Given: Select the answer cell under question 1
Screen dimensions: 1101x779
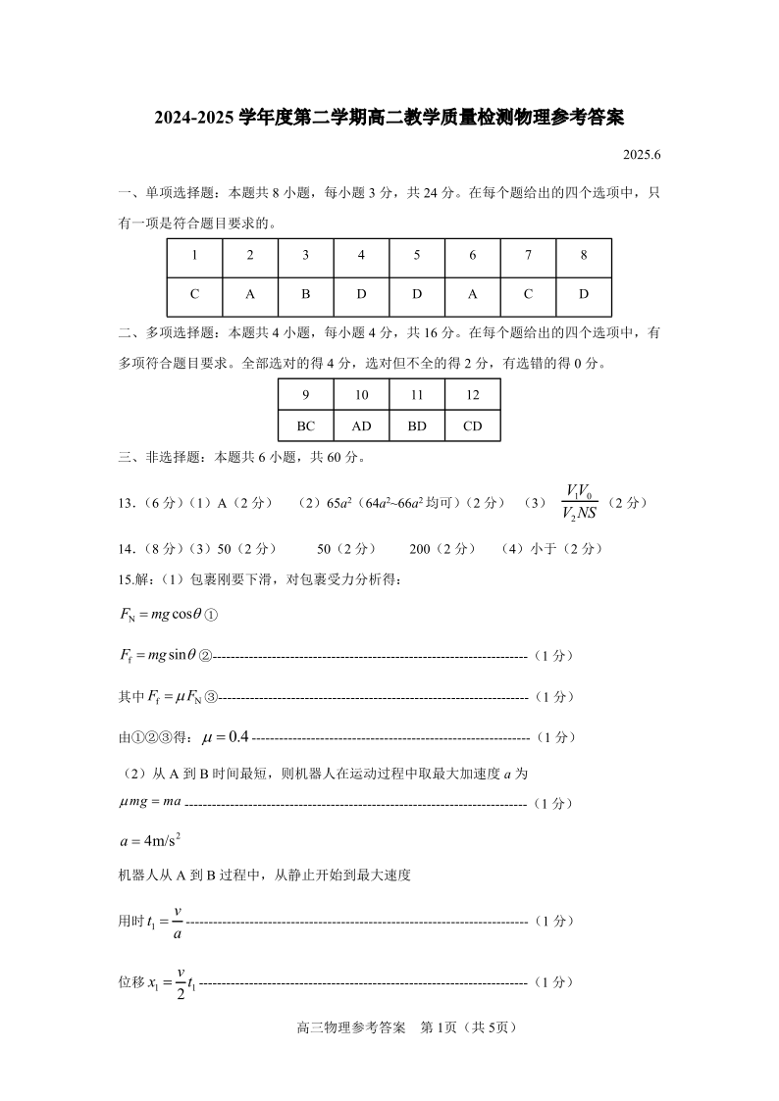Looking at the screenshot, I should click(x=194, y=294).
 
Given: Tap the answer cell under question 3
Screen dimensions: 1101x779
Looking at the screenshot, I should click(x=305, y=294).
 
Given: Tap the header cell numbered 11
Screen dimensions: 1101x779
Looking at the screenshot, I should click(x=416, y=395).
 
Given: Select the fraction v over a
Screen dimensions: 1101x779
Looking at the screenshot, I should click(x=178, y=922).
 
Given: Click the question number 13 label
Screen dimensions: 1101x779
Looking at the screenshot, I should click(x=126, y=503).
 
